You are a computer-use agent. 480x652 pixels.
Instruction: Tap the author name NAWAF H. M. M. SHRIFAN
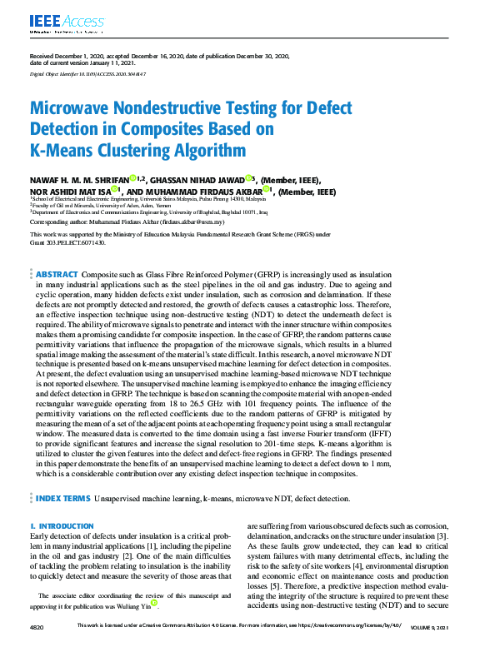tap(79, 180)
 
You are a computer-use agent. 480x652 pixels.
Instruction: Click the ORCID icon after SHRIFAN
tap(132, 178)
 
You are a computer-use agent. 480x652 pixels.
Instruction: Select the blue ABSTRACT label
tap(57, 274)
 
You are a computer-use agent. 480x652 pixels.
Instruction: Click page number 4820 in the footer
tap(38, 626)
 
